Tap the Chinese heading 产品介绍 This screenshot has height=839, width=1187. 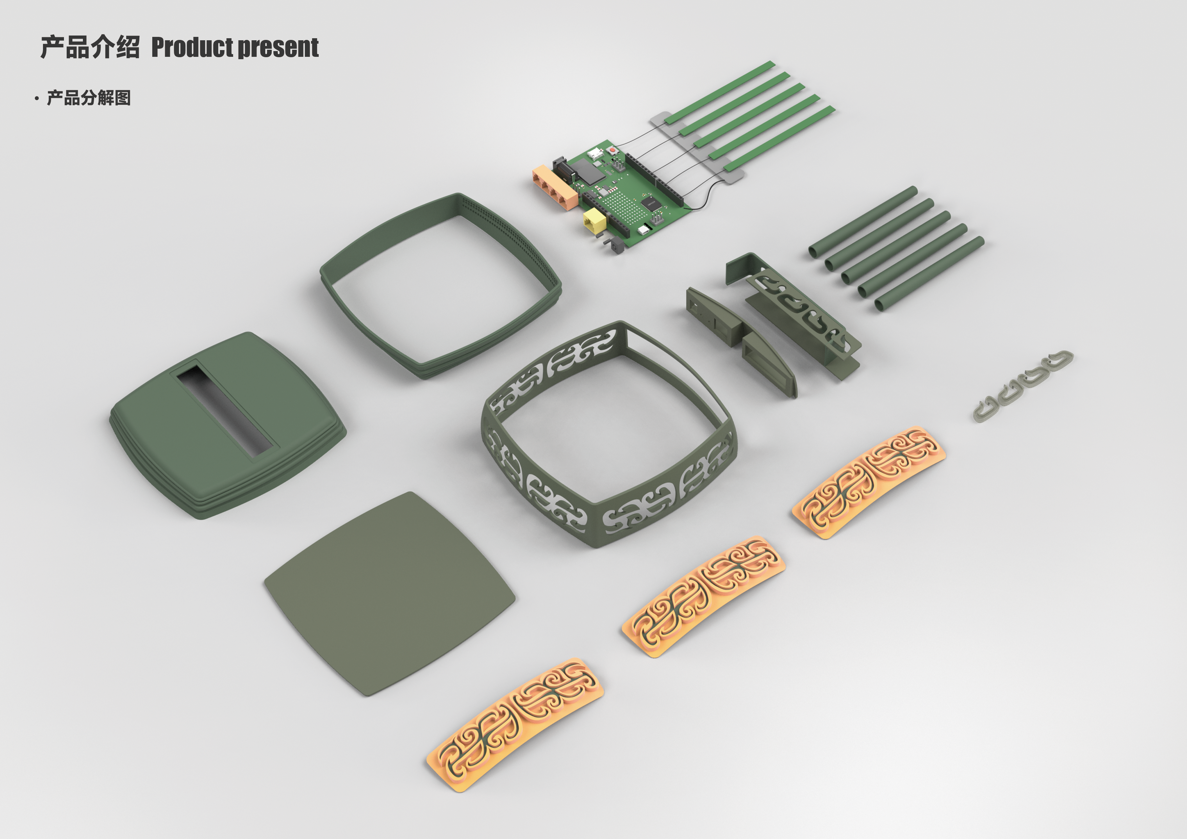click(x=90, y=47)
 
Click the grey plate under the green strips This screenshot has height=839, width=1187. click(x=698, y=147)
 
